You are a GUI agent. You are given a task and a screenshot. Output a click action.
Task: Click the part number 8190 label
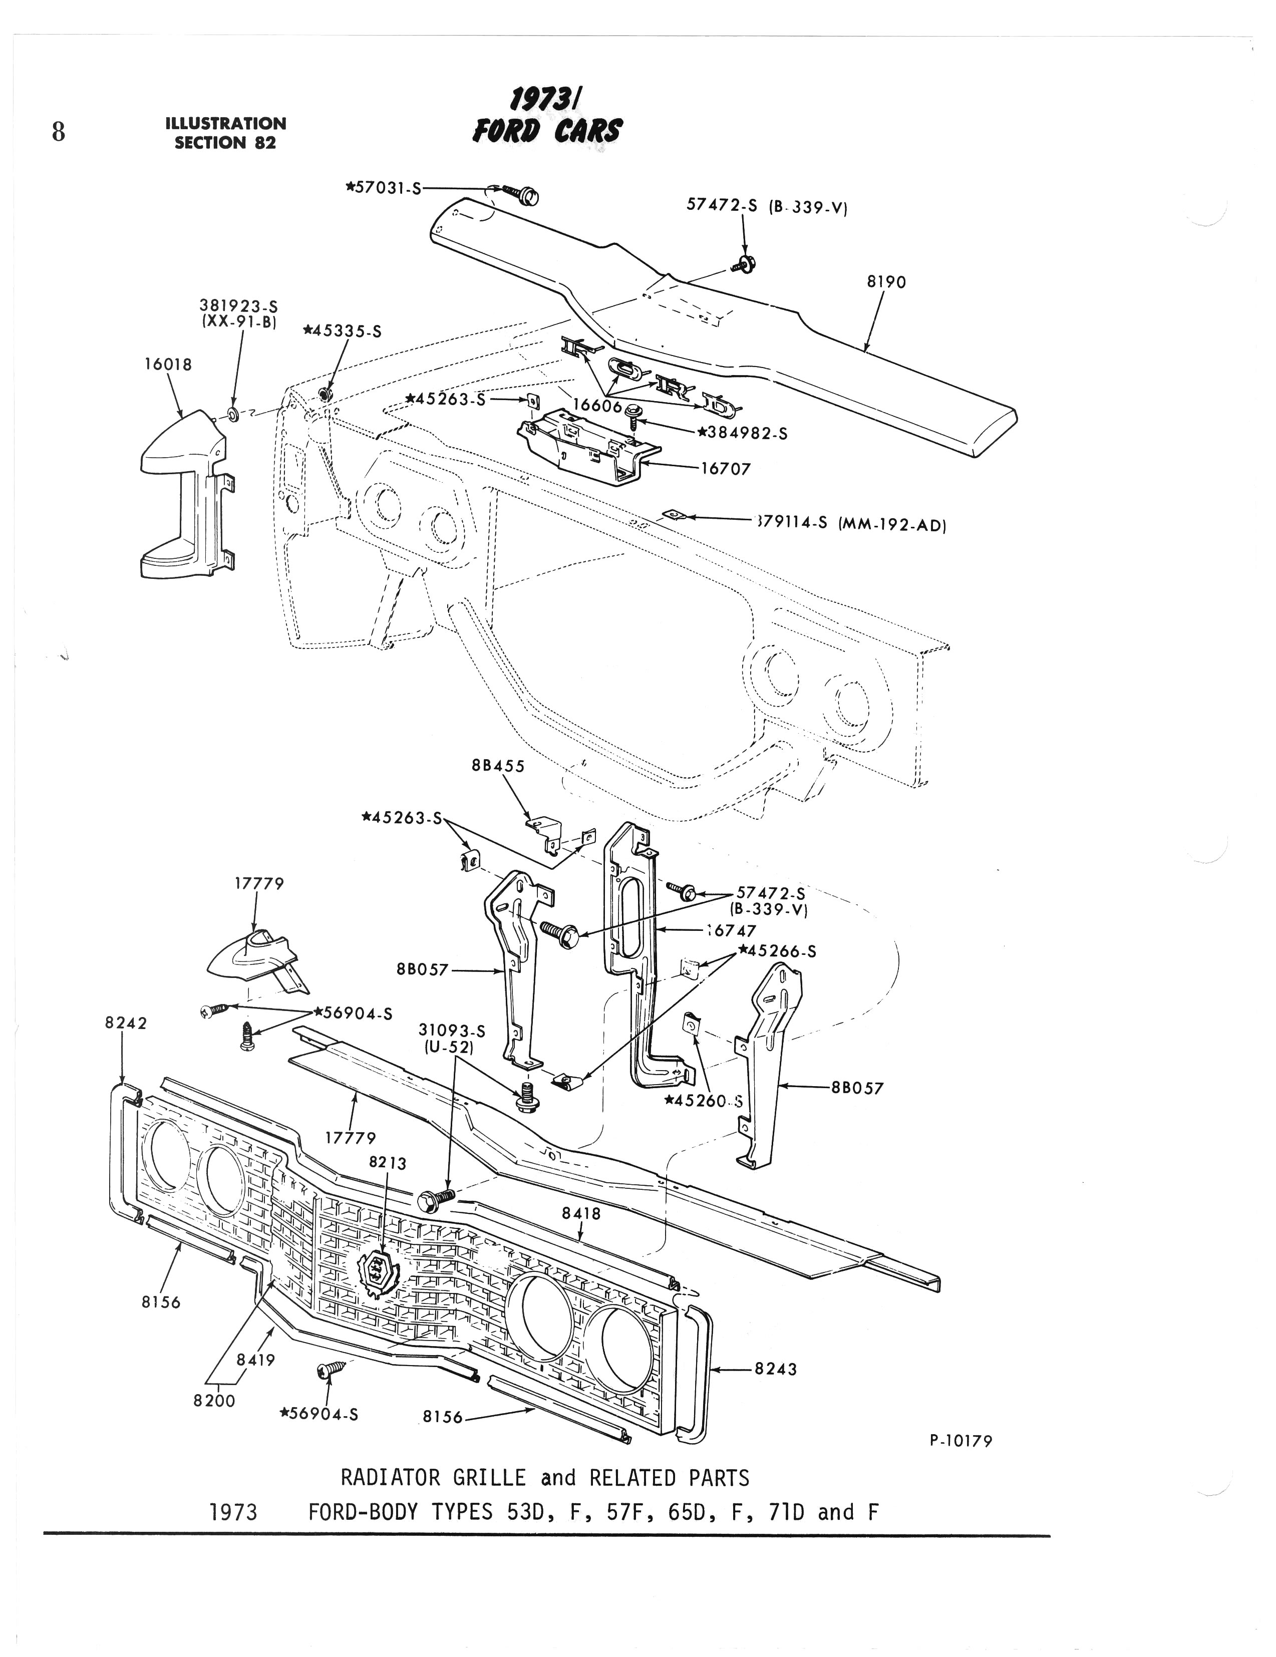coord(886,282)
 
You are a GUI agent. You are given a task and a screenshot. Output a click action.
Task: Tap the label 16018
coord(168,364)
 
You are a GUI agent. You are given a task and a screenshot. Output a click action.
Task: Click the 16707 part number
coord(725,469)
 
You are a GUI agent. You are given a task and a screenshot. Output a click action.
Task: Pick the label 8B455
coord(498,766)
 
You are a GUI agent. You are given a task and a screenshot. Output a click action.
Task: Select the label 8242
coord(126,1023)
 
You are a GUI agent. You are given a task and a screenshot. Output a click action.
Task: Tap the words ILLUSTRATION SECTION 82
coord(226,133)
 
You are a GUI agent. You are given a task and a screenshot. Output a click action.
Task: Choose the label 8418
coord(581,1213)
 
